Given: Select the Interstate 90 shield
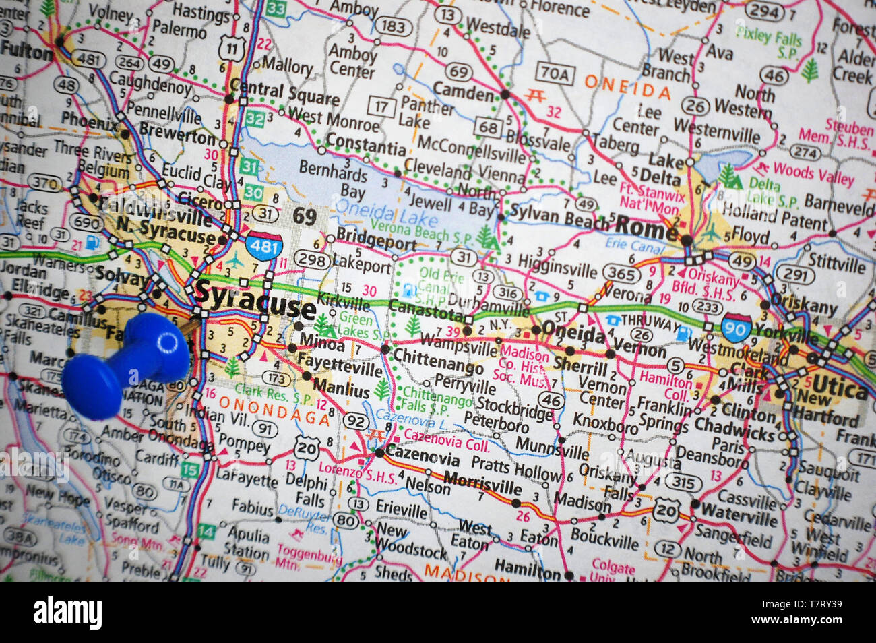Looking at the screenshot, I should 736,326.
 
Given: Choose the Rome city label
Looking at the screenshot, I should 646,228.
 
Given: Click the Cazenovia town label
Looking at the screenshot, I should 422,458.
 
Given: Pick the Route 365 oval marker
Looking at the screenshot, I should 620,273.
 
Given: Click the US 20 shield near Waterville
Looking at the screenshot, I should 665,510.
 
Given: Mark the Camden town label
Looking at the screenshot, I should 464,91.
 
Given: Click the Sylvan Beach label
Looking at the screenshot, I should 559,217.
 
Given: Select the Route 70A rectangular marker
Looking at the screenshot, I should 554,73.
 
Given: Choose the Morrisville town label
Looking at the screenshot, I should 483,482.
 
